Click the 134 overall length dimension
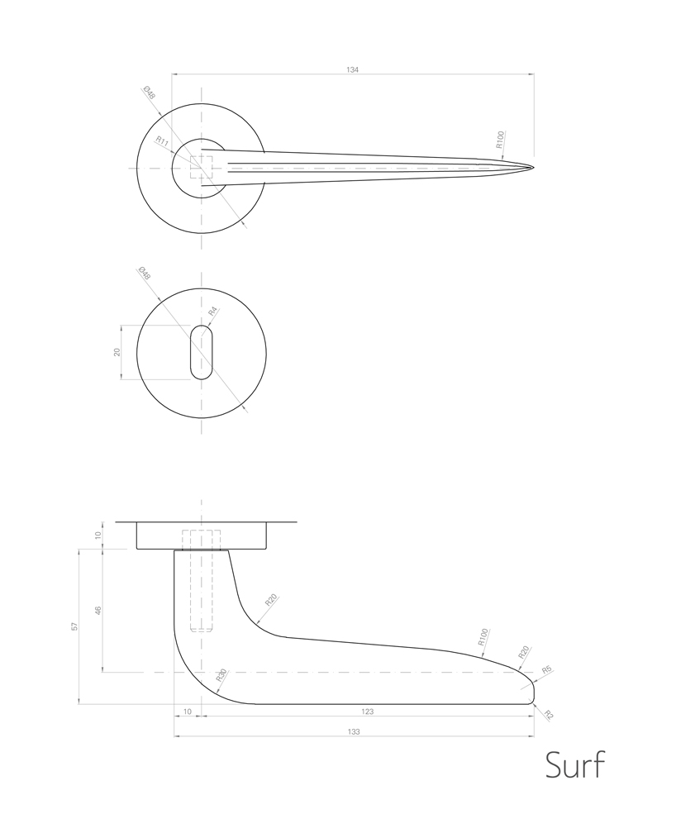click(353, 70)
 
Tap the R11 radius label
click(163, 142)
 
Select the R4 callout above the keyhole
click(212, 312)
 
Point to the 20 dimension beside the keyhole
click(117, 352)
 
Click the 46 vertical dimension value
click(98, 611)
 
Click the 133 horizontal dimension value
click(354, 731)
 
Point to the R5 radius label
click(546, 670)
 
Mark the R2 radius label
click(546, 715)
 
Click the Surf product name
click(575, 765)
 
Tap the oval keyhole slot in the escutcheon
click(201, 352)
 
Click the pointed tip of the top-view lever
click(532, 168)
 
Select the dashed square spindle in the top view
click(202, 168)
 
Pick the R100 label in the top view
click(500, 138)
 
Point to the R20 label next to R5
click(522, 652)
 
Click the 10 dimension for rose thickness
click(98, 535)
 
